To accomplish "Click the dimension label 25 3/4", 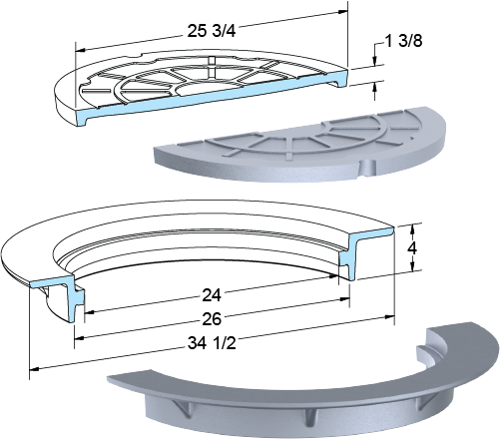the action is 212,31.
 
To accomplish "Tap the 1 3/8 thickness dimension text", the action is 403,41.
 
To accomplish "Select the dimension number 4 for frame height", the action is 412,247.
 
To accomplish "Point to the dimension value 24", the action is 212,295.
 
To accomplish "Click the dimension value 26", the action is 212,319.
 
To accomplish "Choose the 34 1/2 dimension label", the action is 212,343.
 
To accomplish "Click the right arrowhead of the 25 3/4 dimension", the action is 343,12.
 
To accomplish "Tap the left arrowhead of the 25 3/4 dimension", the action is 80,51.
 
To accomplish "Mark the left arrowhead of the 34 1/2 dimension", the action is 34,369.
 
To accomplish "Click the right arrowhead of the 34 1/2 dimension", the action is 390,317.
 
